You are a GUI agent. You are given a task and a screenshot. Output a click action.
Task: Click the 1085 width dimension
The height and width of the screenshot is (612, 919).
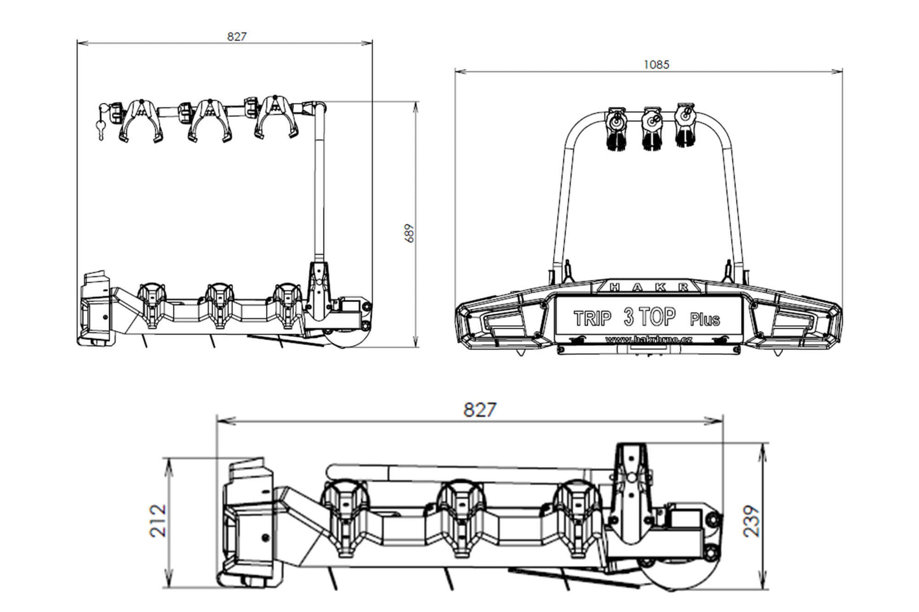(x=656, y=64)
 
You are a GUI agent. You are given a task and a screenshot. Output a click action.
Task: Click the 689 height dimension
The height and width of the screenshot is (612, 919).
(x=410, y=233)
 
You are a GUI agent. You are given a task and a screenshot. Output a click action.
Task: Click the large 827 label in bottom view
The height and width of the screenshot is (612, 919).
(x=479, y=410)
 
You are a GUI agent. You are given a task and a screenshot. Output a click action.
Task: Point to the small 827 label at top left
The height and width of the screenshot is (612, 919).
(x=236, y=37)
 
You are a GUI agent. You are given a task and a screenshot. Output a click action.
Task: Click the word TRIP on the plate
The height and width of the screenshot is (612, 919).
(x=592, y=318)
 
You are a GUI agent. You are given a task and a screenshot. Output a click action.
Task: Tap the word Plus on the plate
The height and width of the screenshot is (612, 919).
(x=705, y=319)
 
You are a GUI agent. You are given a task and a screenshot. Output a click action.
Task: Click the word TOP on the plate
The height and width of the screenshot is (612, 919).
(x=657, y=316)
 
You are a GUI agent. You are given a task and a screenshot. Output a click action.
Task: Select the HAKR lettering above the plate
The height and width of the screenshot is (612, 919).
(x=649, y=287)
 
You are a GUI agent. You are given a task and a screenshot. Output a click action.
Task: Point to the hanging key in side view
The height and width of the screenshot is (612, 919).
(x=101, y=130)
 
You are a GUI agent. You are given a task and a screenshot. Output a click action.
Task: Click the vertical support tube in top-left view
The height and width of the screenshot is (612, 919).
(x=319, y=184)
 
